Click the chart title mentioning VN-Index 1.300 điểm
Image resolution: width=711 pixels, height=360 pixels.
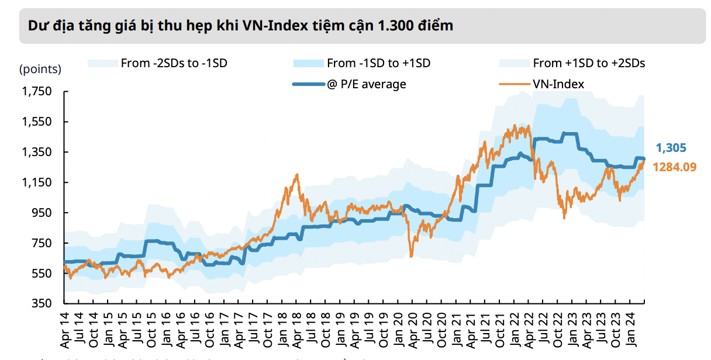240,26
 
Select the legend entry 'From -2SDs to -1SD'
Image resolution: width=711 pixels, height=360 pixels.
174,63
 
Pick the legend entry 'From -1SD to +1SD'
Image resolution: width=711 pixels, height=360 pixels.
378,63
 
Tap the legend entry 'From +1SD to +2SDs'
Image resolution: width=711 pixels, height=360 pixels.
589,63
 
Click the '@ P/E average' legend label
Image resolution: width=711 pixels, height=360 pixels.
366,84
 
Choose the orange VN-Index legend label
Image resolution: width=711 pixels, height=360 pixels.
558,84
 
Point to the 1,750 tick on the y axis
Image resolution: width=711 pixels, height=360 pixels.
37,91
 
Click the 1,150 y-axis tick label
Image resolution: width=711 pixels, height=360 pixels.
37,182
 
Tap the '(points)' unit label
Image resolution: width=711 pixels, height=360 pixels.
40,69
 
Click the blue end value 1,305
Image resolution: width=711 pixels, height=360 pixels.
671,148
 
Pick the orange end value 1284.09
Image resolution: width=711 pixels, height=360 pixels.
674,167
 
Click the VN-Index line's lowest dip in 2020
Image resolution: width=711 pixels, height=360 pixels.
411,256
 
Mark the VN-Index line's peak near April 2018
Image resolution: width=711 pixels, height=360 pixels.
297,174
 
